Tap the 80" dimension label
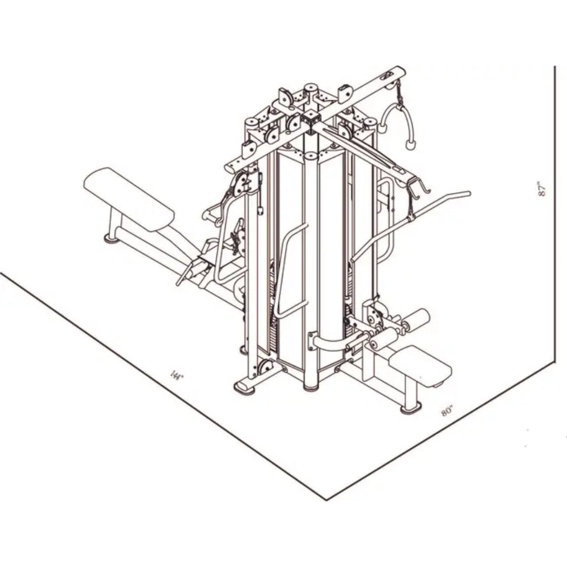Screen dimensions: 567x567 tap(447, 411)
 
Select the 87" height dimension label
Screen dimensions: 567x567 tap(542, 189)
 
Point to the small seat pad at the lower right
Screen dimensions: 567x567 tap(421, 365)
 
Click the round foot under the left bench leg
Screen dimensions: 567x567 tap(111, 239)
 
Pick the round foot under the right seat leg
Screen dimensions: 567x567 tap(411, 407)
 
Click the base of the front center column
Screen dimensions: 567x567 tap(311, 386)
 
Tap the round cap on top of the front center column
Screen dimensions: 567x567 tap(311, 156)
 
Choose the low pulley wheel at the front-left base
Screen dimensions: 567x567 tap(265, 367)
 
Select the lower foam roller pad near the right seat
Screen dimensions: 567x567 tap(383, 339)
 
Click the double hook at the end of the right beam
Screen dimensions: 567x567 tap(418, 188)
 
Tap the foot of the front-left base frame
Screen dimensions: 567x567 tap(244, 388)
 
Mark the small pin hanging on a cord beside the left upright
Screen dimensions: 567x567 tap(260, 211)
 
